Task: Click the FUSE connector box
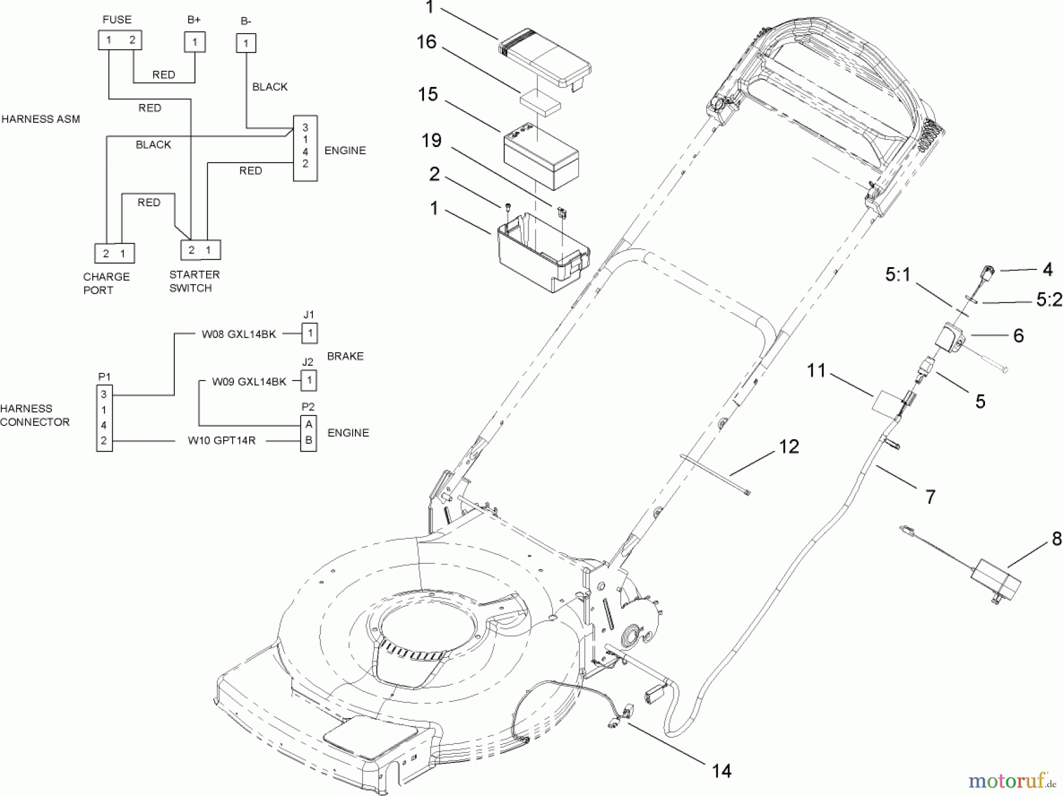(x=120, y=40)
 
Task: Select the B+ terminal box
(x=195, y=43)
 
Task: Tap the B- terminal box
(x=246, y=43)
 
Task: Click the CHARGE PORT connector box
(x=115, y=253)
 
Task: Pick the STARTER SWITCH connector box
(x=200, y=249)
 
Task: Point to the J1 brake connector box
(x=309, y=333)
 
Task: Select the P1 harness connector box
(x=104, y=418)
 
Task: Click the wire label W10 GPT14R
(x=221, y=440)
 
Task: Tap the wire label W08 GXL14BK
(x=239, y=334)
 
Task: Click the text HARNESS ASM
(x=41, y=119)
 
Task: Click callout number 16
(x=426, y=42)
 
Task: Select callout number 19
(x=432, y=141)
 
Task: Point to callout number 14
(x=722, y=771)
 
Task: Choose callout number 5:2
(x=1049, y=300)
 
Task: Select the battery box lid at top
(x=544, y=60)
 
